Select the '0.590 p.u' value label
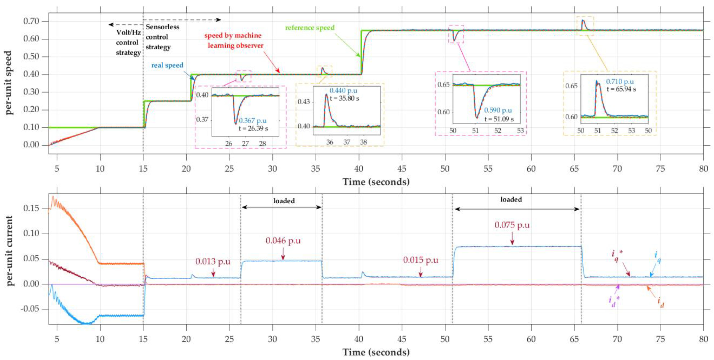point(498,110)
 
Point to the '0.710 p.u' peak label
point(620,82)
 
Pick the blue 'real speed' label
point(167,65)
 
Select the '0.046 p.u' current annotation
point(283,241)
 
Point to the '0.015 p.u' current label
point(420,260)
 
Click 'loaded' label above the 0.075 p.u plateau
point(511,199)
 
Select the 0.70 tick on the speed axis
point(31,21)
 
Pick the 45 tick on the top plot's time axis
point(402,169)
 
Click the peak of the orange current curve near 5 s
point(53,197)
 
